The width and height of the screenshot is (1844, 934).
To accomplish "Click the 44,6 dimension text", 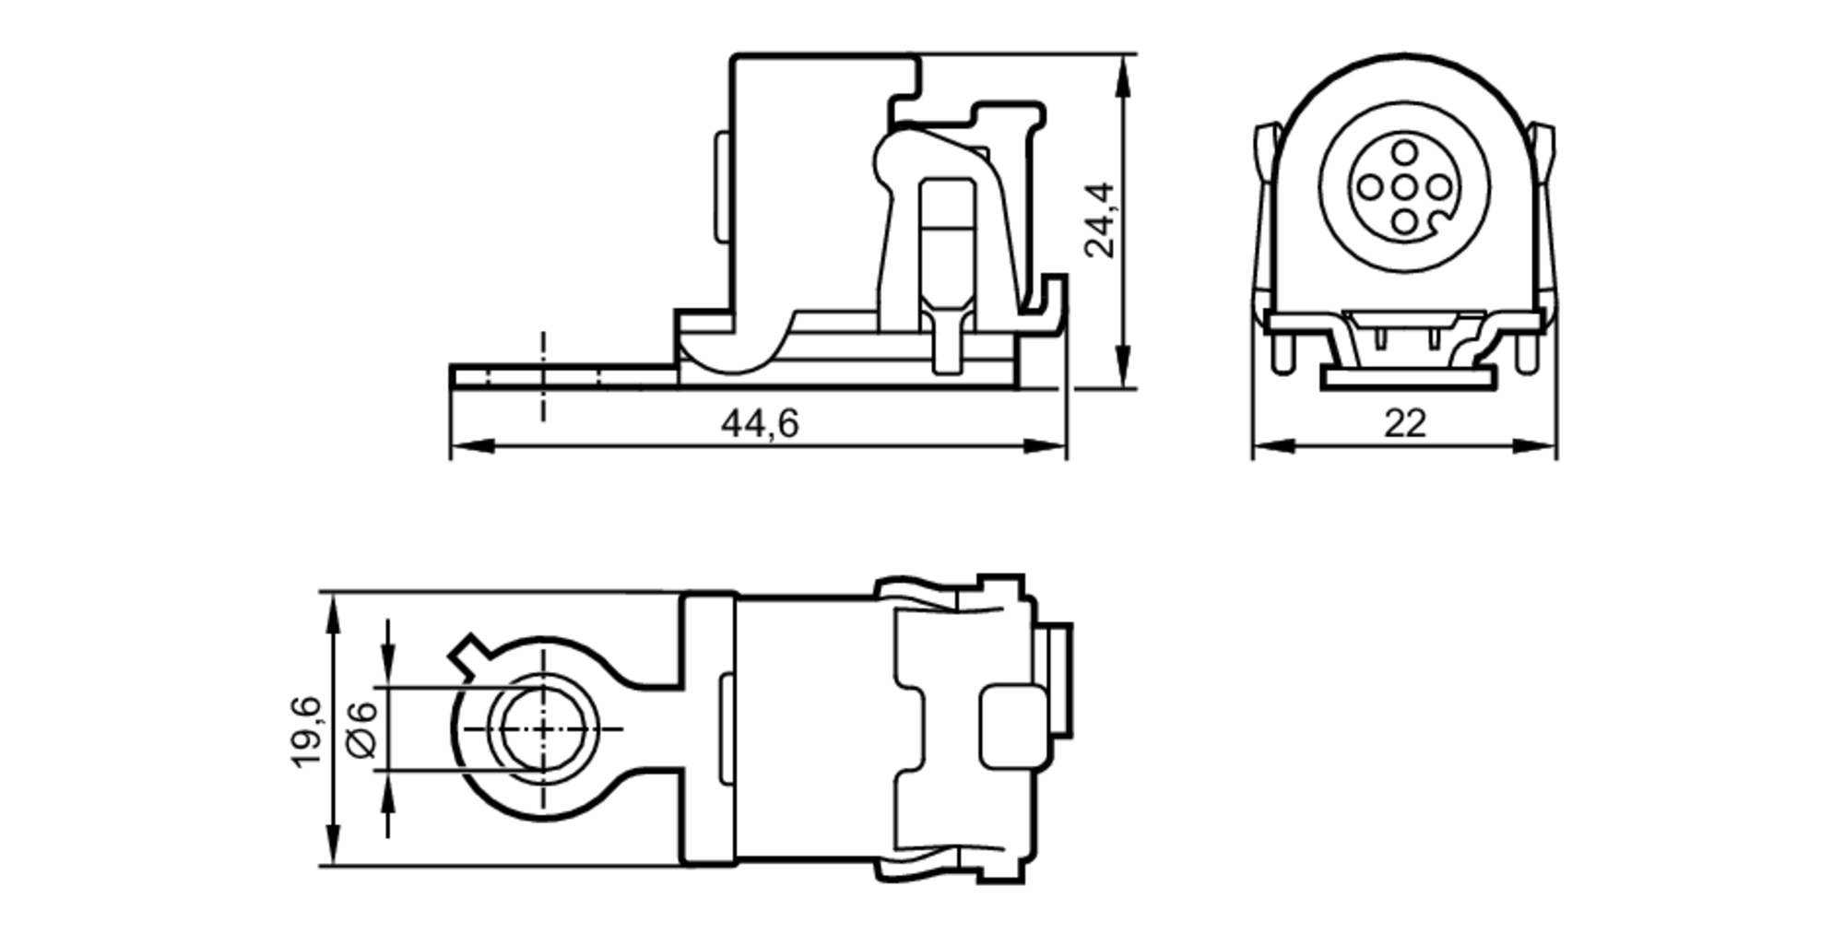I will [x=759, y=424].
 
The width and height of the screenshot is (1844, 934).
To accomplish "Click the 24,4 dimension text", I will [x=1099, y=220].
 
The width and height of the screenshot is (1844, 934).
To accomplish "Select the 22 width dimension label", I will [x=1404, y=424].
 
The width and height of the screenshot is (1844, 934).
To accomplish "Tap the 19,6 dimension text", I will [x=306, y=731].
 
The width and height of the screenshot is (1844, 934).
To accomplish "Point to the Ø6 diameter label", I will [x=363, y=728].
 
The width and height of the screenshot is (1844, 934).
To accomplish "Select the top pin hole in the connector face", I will [x=1403, y=152].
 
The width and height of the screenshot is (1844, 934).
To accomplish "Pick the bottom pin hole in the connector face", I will [x=1403, y=222].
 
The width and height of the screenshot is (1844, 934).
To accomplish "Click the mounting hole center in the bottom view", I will [x=542, y=728].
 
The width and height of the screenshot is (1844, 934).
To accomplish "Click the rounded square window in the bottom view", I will [x=1012, y=727].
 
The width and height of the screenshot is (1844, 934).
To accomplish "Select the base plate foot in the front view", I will [x=1408, y=378].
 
